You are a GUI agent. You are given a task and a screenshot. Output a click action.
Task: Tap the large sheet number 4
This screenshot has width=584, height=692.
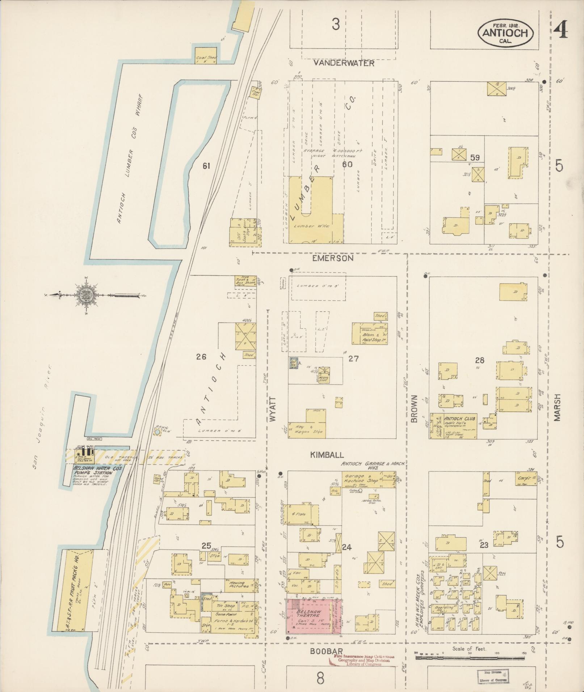[x=560, y=30]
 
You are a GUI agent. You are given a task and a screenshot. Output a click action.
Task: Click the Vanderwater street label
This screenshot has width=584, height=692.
[x=344, y=63]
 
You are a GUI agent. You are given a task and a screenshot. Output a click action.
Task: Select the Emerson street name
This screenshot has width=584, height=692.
[x=332, y=258]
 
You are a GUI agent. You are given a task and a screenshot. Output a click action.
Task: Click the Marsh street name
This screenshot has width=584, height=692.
[x=557, y=407]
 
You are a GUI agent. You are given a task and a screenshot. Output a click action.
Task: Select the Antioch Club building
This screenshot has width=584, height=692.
[x=453, y=426]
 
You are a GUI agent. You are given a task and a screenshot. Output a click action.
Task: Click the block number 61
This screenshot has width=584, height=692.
[x=206, y=166]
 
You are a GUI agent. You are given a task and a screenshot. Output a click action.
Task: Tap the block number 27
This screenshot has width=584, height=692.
[x=353, y=358]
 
